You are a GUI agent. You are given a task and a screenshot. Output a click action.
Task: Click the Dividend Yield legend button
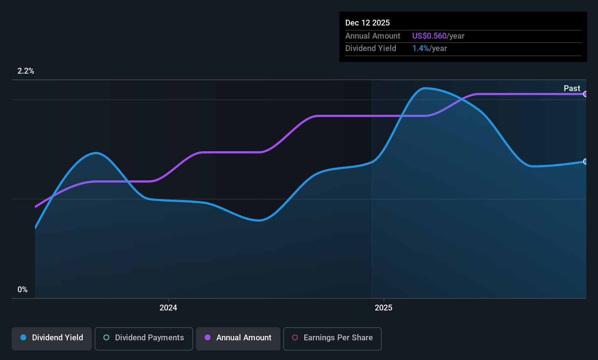click(x=51, y=339)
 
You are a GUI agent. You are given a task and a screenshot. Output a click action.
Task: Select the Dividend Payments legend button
click(x=143, y=339)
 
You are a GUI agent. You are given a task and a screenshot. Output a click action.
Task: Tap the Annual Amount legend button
click(x=238, y=339)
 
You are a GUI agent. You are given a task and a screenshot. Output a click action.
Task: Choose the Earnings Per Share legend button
click(x=333, y=339)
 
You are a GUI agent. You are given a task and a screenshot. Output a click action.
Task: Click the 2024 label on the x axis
click(x=168, y=308)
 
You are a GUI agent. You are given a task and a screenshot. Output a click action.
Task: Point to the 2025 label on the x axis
click(x=383, y=308)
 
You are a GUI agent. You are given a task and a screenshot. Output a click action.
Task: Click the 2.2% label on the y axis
click(x=26, y=71)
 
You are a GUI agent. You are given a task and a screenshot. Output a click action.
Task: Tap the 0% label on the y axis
click(x=23, y=290)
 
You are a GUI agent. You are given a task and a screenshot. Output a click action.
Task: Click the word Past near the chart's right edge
click(x=572, y=89)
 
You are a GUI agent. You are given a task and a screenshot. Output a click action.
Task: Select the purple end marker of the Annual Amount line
click(x=585, y=94)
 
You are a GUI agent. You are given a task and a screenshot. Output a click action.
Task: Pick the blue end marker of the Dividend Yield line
click(x=585, y=161)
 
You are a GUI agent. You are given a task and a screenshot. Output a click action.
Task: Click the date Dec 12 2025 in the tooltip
click(x=367, y=23)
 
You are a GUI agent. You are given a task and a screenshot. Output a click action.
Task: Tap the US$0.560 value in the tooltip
click(x=429, y=36)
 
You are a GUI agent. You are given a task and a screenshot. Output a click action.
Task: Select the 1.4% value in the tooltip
click(x=421, y=48)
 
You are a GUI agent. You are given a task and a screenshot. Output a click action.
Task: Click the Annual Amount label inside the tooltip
click(x=373, y=36)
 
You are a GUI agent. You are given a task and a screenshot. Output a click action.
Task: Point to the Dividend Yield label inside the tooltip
click(x=371, y=48)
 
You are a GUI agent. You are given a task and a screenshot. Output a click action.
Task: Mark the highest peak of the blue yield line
click(x=425, y=88)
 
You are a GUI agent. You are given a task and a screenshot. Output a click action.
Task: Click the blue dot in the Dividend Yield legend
click(x=24, y=337)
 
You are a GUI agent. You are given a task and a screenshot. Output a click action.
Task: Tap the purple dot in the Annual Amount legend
click(x=208, y=337)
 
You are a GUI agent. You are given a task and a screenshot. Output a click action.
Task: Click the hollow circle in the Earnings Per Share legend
click(x=295, y=337)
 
